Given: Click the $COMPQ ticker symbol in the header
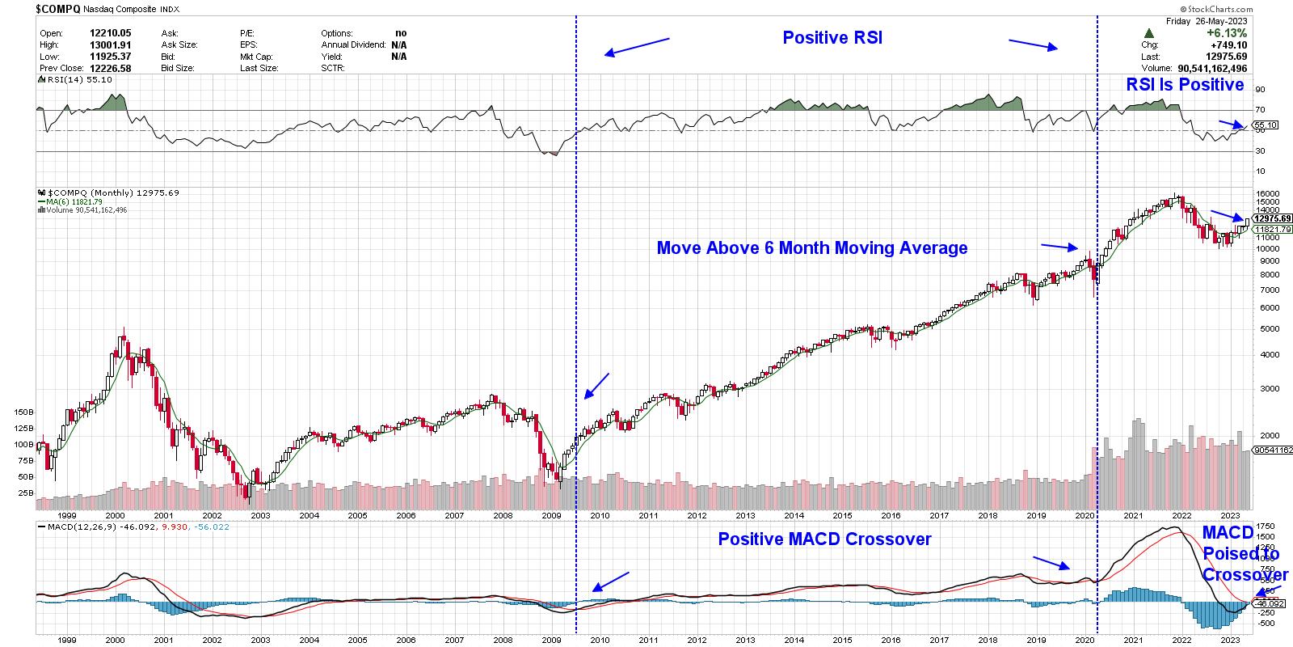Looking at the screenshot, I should [58, 9].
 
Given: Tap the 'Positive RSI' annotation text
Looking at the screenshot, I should [832, 37].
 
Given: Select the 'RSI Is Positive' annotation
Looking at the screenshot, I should [1185, 85].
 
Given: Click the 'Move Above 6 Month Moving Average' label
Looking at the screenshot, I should [811, 247].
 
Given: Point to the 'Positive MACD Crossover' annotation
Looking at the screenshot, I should [824, 539].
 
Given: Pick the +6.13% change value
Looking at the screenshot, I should [1228, 33].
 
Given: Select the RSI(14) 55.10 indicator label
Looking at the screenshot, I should [78, 80].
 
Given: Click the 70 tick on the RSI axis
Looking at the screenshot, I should [1260, 109].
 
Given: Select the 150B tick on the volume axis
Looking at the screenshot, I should [24, 412].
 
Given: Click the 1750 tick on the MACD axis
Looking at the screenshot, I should [1266, 526].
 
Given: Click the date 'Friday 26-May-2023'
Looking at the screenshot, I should [1207, 22].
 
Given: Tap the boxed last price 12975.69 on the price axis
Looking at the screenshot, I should [1273, 218].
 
